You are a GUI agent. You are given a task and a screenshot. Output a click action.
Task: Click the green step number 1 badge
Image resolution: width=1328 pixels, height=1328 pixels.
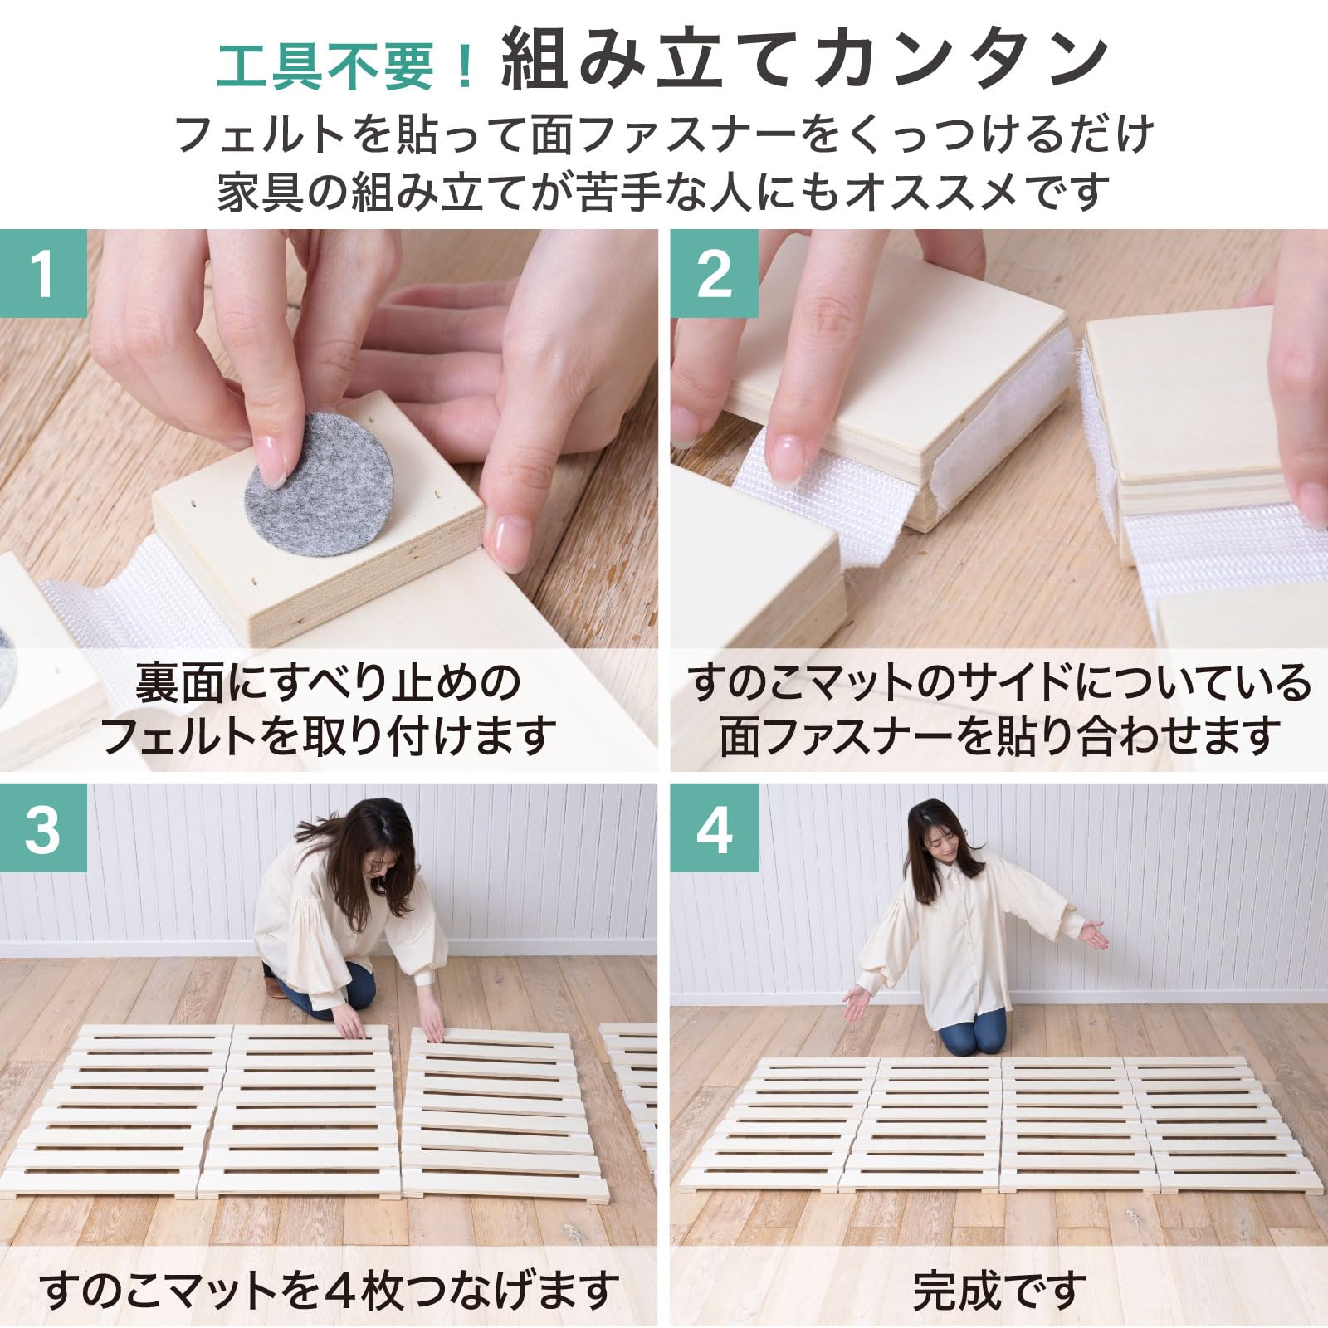pos(43,273)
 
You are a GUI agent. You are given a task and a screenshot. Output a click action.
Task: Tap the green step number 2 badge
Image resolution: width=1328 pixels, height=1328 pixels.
pos(714,273)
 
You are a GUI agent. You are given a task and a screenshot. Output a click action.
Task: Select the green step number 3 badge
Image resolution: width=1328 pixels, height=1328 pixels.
pos(43,828)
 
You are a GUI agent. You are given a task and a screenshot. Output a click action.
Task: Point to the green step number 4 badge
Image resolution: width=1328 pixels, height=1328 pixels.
pos(714,828)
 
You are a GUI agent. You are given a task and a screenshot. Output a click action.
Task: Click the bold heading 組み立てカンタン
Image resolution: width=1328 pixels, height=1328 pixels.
pos(806,59)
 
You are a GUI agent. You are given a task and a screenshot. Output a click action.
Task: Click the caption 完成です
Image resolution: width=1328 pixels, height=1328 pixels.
pos(999,1290)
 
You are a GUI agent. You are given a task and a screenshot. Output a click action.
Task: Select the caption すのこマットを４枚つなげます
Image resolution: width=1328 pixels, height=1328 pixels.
pos(330,1290)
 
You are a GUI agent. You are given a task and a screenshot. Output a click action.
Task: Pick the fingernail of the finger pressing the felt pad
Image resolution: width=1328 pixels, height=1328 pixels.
pos(271,461)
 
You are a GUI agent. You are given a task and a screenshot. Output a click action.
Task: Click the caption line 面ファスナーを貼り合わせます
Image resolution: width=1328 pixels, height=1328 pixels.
pos(999,736)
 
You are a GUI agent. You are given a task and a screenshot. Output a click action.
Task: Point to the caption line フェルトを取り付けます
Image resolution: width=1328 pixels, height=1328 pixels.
pos(329,736)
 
